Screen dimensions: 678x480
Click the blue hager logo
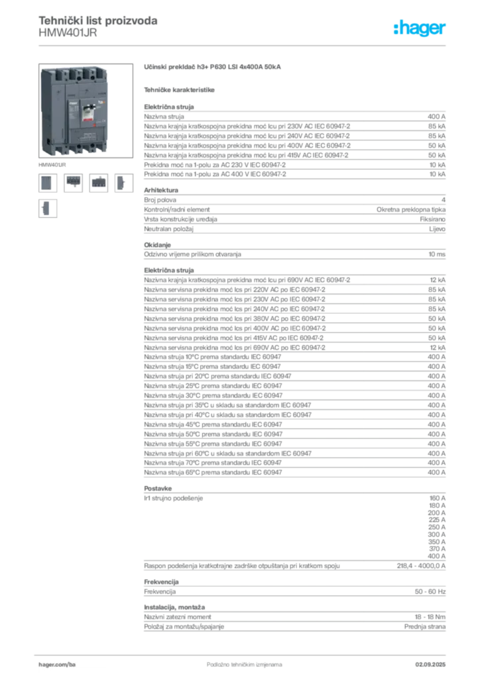coord(421,29)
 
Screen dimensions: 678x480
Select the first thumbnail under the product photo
coord(46,183)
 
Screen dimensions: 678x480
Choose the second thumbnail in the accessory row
coord(73,183)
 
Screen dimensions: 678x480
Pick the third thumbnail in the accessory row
coord(99,183)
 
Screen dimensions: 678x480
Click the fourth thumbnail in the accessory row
coord(123,183)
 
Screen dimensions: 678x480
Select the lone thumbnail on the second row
coord(47,209)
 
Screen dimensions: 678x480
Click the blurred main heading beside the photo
coord(213,68)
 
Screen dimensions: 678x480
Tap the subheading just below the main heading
coord(180,89)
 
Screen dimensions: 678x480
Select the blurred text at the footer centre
coord(235,661)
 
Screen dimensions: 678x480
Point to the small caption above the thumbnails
coord(52,162)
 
